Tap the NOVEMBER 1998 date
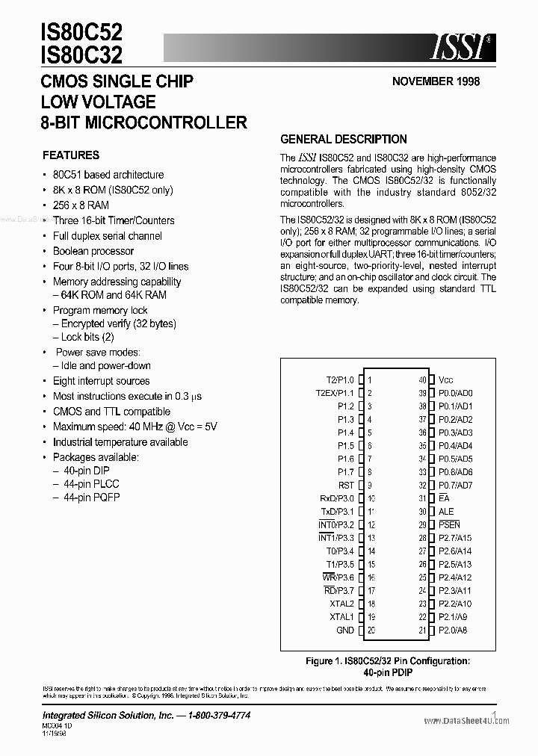(x=436, y=81)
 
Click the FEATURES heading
(x=71, y=155)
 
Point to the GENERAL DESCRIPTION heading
(x=343, y=139)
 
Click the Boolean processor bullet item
(x=93, y=251)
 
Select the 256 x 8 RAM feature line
(x=81, y=205)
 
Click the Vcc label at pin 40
(x=446, y=379)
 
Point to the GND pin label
(x=345, y=630)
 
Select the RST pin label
(x=346, y=485)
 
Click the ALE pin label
(x=446, y=512)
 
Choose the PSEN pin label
(x=450, y=525)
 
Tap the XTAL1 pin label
(x=342, y=617)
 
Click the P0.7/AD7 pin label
(x=456, y=485)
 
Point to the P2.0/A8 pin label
(x=454, y=630)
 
